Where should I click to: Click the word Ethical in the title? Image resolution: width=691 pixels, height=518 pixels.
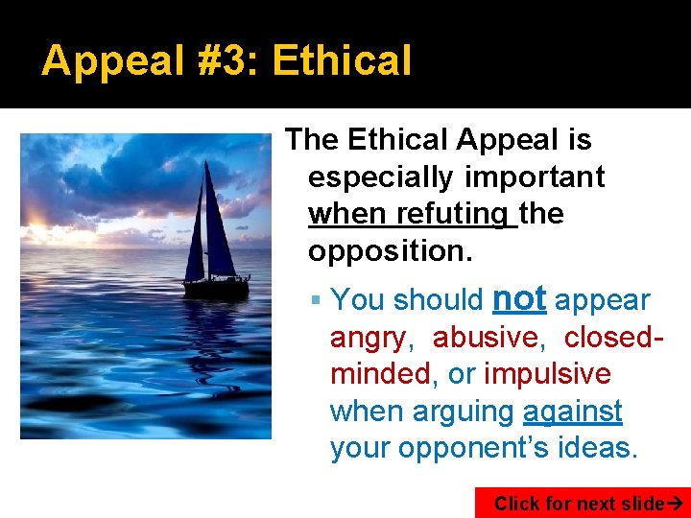342,60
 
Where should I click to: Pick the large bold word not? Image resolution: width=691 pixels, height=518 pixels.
518,298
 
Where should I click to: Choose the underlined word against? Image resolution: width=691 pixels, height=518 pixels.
573,411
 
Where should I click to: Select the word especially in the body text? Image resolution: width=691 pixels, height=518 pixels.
380,177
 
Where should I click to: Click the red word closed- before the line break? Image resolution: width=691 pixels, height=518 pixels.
614,338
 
